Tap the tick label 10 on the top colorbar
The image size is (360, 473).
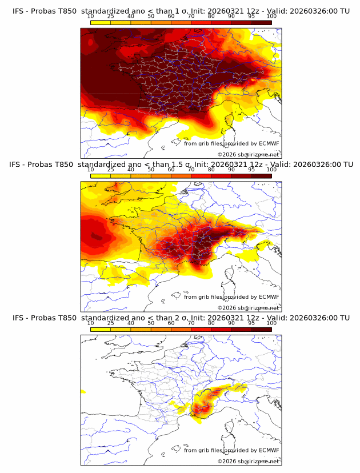(90, 17)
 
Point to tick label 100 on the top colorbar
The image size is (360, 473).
(271, 17)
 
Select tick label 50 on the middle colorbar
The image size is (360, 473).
(151, 170)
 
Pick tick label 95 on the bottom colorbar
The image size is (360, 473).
(251, 323)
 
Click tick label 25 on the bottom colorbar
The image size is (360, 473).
(110, 323)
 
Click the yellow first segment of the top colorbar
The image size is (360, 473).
(100, 22)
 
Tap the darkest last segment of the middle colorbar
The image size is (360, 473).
(262, 175)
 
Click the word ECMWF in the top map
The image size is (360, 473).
(269, 143)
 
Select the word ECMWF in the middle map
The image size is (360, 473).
(269, 296)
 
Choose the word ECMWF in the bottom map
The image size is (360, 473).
(269, 450)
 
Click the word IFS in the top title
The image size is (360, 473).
(18, 11)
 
